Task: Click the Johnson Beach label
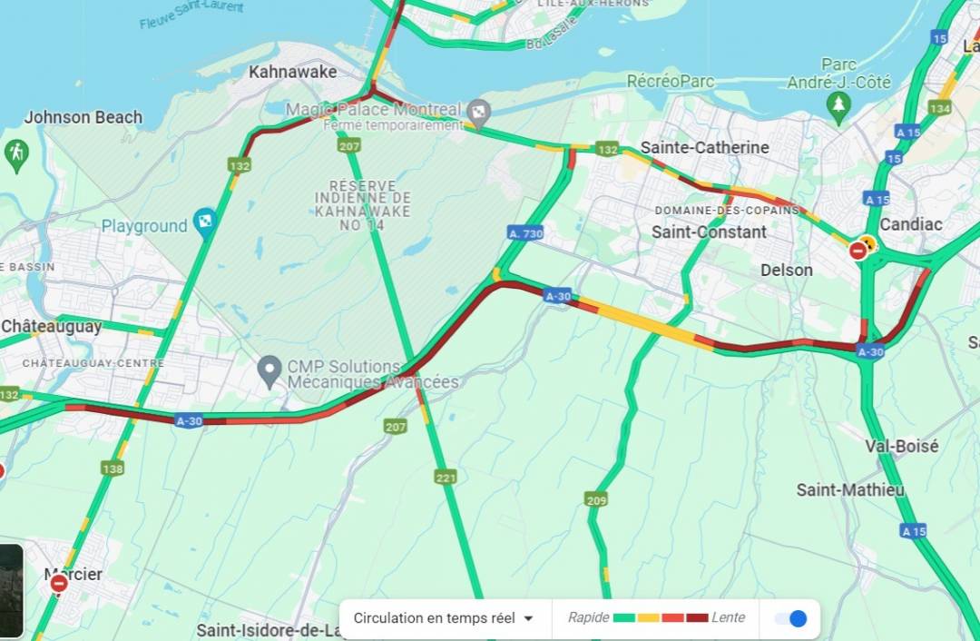83,117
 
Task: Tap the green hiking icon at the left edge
15,154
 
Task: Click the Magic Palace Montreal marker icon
478,113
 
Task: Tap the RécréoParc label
671,81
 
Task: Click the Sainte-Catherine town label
704,147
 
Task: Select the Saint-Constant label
709,232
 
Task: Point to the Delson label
786,270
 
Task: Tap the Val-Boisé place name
901,446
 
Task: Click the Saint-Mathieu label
850,489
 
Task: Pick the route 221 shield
446,477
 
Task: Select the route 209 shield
596,499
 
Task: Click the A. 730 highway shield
525,233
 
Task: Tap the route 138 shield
113,468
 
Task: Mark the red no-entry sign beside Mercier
59,583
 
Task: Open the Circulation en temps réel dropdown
444,618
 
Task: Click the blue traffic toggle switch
790,618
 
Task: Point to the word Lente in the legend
728,617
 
